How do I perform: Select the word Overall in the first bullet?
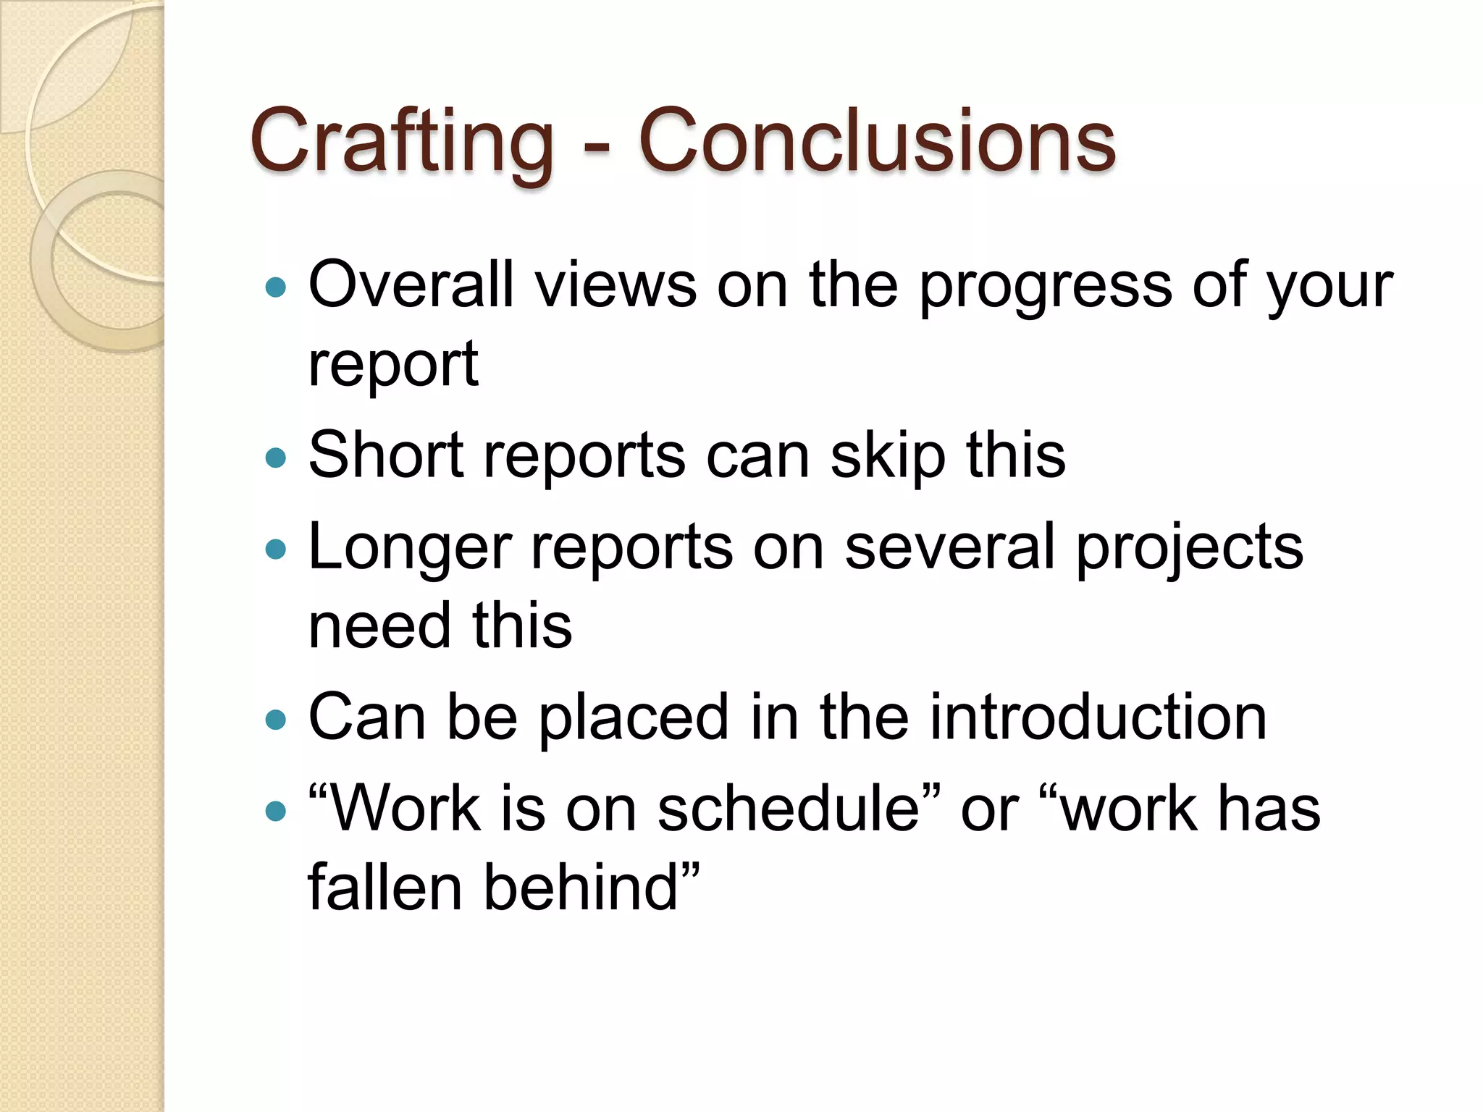coord(411,285)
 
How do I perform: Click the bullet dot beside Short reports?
coord(276,458)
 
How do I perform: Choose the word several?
coord(949,547)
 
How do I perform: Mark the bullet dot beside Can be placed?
coord(276,720)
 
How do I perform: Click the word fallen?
coord(385,887)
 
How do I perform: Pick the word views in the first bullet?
coord(616,285)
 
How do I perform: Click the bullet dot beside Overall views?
coord(276,288)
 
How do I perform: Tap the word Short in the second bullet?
coord(386,455)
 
